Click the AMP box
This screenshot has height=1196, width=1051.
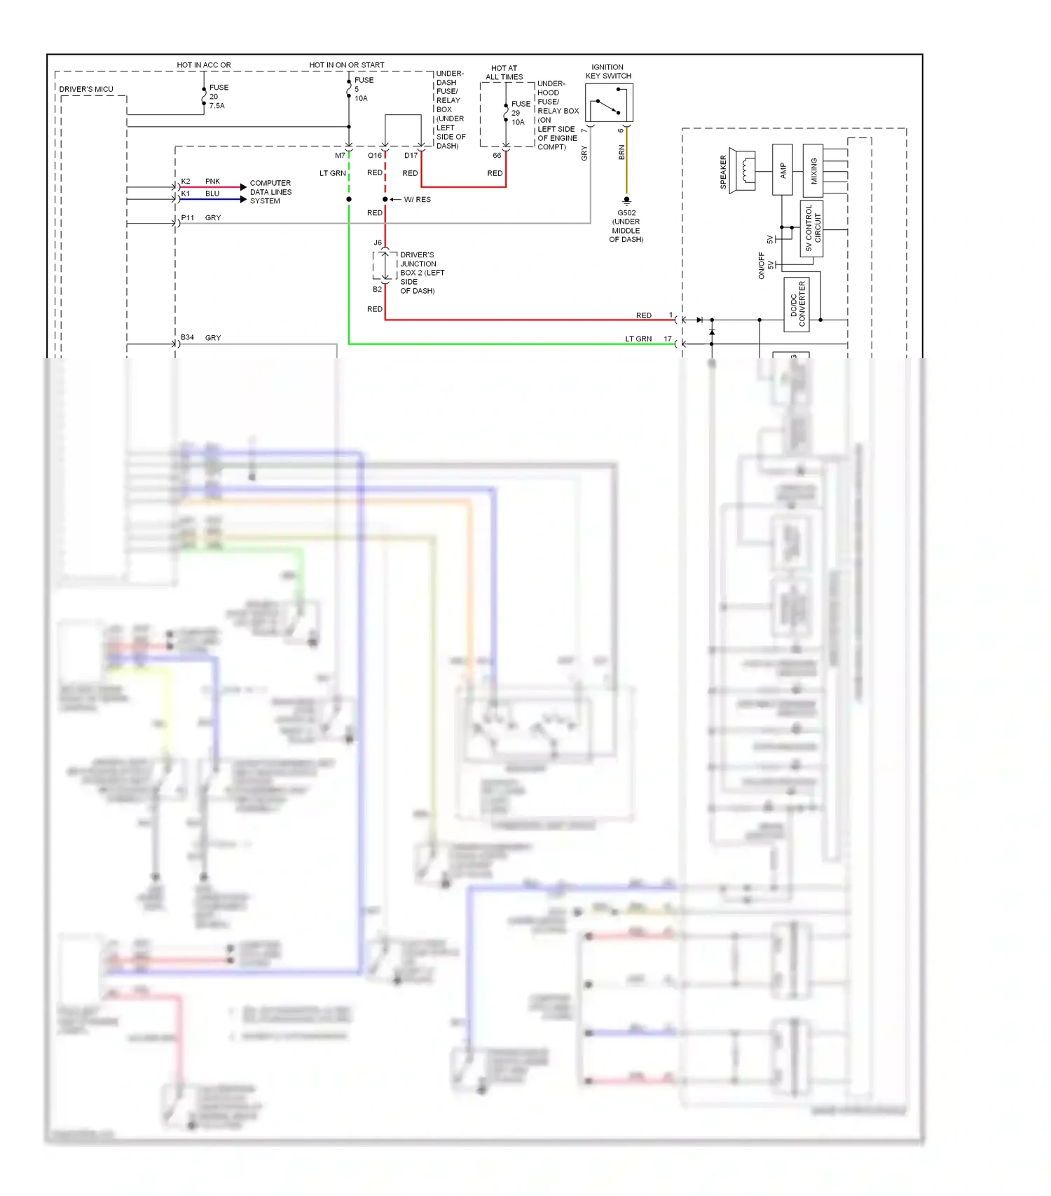(x=782, y=170)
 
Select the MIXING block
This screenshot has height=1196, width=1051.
(x=813, y=170)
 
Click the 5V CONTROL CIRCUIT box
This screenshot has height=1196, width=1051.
(x=811, y=229)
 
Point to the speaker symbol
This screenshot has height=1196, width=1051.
(x=742, y=170)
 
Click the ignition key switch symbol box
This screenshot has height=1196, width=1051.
(x=609, y=103)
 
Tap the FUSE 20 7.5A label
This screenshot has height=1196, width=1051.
(x=218, y=97)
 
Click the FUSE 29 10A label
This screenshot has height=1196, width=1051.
(x=520, y=113)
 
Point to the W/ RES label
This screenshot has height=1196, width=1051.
(x=418, y=200)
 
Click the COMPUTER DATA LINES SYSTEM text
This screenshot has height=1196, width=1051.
(x=270, y=192)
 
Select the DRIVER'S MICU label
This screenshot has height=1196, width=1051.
(x=86, y=89)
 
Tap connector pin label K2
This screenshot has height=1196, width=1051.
(x=186, y=182)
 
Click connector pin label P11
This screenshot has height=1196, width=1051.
(x=187, y=218)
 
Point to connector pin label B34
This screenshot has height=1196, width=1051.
(x=187, y=338)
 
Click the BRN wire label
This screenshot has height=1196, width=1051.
(x=621, y=153)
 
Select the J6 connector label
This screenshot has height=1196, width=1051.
(x=378, y=243)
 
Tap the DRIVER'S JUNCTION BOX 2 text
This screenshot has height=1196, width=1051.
(x=420, y=273)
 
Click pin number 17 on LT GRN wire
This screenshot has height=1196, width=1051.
(x=668, y=339)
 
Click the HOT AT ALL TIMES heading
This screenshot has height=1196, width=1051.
(x=504, y=73)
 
